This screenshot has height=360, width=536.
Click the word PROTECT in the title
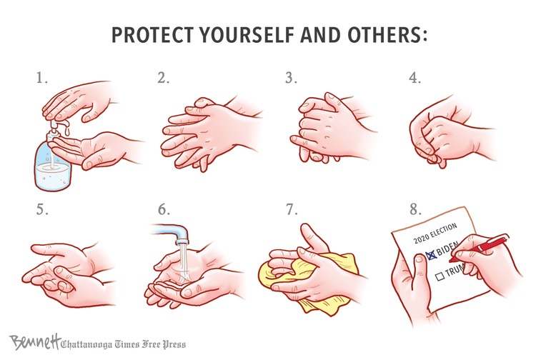coord(153,34)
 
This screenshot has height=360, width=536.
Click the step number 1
coord(41,79)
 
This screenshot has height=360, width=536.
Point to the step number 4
coord(415,79)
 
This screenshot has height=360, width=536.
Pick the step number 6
coord(164,209)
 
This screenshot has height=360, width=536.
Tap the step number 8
coord(416,209)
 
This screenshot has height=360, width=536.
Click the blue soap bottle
coord(52,163)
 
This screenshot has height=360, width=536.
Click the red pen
coord(479,248)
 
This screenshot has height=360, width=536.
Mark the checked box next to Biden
coord(431,254)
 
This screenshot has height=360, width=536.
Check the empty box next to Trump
coord(440,275)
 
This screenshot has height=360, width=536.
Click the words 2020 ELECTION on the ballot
coord(435,234)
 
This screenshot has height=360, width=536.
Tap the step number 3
coord(292,79)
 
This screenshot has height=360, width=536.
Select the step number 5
coord(42,209)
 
